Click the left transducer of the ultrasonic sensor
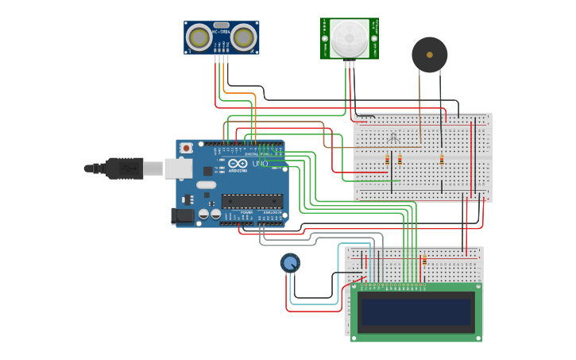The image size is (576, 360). [199, 37]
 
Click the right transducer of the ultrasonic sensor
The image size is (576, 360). [244, 37]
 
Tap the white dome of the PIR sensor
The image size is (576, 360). [350, 38]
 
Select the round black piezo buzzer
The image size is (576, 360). [429, 55]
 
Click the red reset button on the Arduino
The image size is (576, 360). [186, 148]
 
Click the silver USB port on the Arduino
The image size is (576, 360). [178, 168]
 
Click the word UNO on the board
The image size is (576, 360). [260, 164]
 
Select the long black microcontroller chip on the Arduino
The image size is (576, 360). [252, 201]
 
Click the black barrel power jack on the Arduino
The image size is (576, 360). [183, 215]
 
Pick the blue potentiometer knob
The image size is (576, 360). [290, 262]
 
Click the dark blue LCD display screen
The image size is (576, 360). [416, 312]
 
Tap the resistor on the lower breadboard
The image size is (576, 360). [424, 260]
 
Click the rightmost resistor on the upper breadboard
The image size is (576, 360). [442, 160]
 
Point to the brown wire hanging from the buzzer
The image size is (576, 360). [419, 103]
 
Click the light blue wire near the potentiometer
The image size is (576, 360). [318, 303]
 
